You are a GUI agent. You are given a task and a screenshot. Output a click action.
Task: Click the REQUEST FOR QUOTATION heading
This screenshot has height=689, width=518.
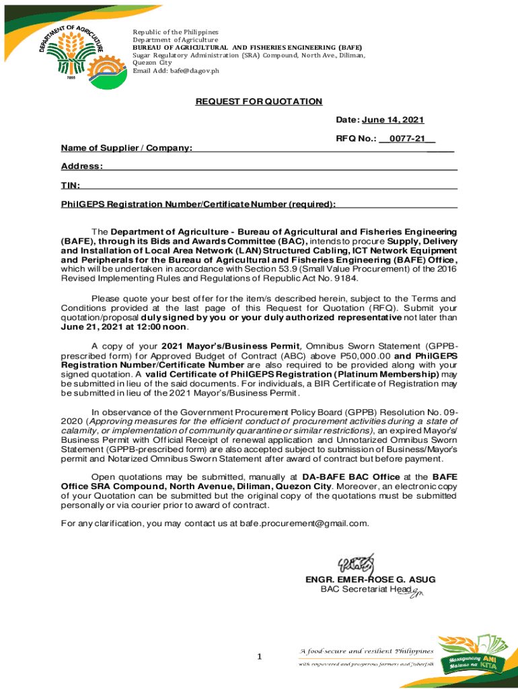(x=259, y=102)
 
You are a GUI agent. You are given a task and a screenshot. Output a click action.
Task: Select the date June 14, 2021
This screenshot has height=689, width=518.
(x=393, y=120)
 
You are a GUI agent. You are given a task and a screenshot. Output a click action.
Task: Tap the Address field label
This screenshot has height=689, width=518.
(x=81, y=166)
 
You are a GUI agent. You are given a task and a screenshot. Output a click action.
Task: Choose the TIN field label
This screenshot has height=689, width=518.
(x=71, y=185)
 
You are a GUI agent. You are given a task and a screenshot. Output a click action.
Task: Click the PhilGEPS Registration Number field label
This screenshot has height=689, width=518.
(x=198, y=204)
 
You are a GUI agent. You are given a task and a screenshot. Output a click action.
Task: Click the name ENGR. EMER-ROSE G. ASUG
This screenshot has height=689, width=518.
(x=370, y=579)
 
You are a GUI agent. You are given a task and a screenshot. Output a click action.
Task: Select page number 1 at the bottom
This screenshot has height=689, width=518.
(x=259, y=657)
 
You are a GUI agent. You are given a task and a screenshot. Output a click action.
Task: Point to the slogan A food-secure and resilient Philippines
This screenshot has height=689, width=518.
(x=367, y=651)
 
